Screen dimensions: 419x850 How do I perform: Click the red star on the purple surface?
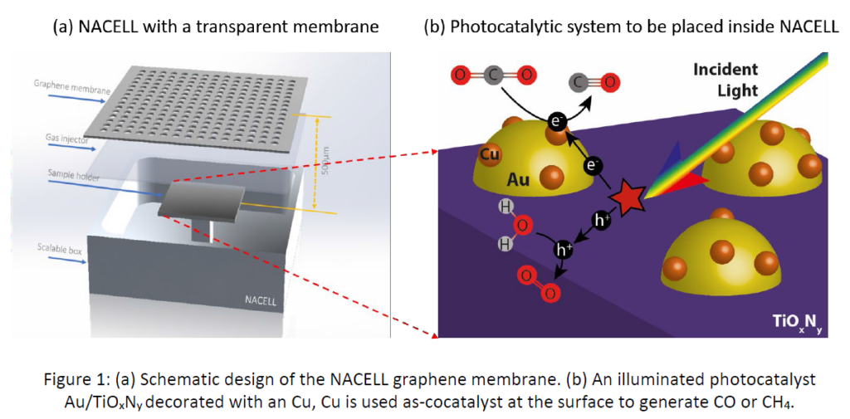click(629, 199)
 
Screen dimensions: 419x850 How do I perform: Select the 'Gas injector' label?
click(55, 140)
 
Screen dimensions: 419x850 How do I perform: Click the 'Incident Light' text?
click(725, 78)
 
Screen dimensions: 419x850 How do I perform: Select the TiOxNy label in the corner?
click(796, 323)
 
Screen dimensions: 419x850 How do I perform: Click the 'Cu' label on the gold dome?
click(490, 154)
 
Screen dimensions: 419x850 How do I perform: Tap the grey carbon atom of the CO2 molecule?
click(493, 76)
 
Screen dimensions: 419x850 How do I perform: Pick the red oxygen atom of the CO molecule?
click(610, 82)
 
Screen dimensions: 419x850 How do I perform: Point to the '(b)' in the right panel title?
click(434, 27)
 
